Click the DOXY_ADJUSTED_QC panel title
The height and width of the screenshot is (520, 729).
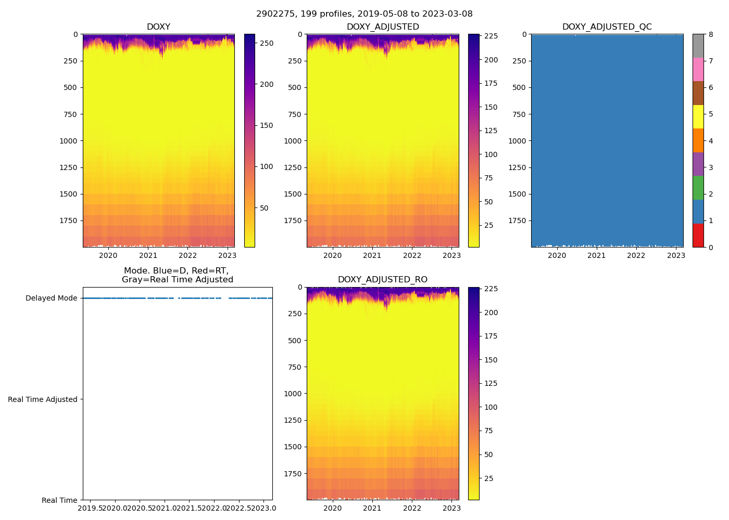(x=607, y=27)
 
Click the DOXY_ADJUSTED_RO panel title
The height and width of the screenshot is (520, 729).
(x=382, y=280)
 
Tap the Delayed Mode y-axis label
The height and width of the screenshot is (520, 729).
(x=51, y=298)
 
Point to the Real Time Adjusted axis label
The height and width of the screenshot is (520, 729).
(x=42, y=399)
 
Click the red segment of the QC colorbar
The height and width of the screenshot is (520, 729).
(x=698, y=235)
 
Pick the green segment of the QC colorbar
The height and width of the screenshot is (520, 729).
(x=698, y=188)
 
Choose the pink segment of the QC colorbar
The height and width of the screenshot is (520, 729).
(x=698, y=69)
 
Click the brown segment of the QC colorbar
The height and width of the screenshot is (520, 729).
(x=698, y=93)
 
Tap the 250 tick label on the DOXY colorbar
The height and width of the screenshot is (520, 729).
(x=267, y=43)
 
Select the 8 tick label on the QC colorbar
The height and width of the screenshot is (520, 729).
(x=711, y=34)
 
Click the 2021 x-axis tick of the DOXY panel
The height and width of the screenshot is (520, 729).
(x=148, y=255)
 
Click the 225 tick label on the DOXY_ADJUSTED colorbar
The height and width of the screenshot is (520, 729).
(x=491, y=36)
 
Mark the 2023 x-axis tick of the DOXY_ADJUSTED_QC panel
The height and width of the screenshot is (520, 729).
(x=676, y=255)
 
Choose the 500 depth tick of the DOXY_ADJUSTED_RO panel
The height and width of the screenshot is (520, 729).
(x=295, y=341)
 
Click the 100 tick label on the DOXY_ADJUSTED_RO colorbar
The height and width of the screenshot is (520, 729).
(x=491, y=407)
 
